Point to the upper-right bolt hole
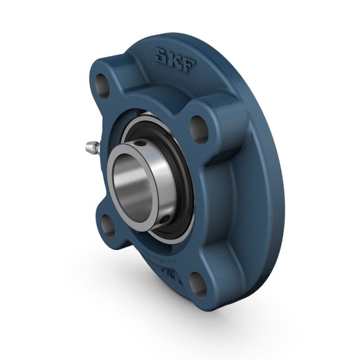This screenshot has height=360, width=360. coord(199,129)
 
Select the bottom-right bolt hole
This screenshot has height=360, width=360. coord(198,282)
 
